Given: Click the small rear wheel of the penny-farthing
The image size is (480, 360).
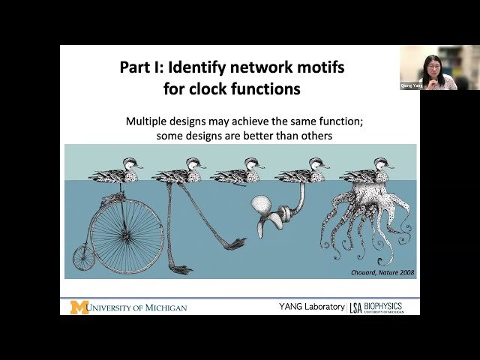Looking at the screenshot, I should tap(83, 257).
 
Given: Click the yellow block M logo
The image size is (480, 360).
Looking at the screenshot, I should tap(79, 307).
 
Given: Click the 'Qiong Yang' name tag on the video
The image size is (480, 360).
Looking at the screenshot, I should tap(411, 85).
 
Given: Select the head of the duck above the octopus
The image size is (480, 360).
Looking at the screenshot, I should tap(387, 163).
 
